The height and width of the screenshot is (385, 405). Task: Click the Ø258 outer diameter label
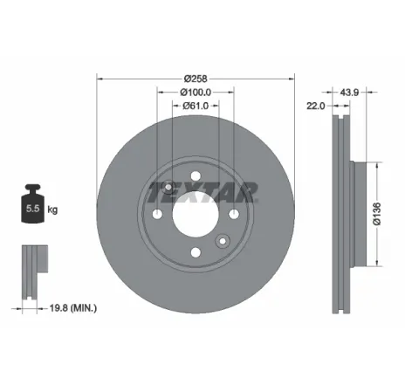click(x=196, y=78)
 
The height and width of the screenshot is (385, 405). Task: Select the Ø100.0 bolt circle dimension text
click(x=196, y=92)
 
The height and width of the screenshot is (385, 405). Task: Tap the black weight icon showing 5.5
click(x=34, y=207)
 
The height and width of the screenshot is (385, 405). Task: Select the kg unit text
click(x=53, y=210)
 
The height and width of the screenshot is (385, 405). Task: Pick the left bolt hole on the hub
click(x=157, y=215)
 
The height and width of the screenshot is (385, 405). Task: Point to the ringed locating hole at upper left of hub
click(x=168, y=184)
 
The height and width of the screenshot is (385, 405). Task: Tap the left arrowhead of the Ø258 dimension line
click(x=99, y=78)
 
